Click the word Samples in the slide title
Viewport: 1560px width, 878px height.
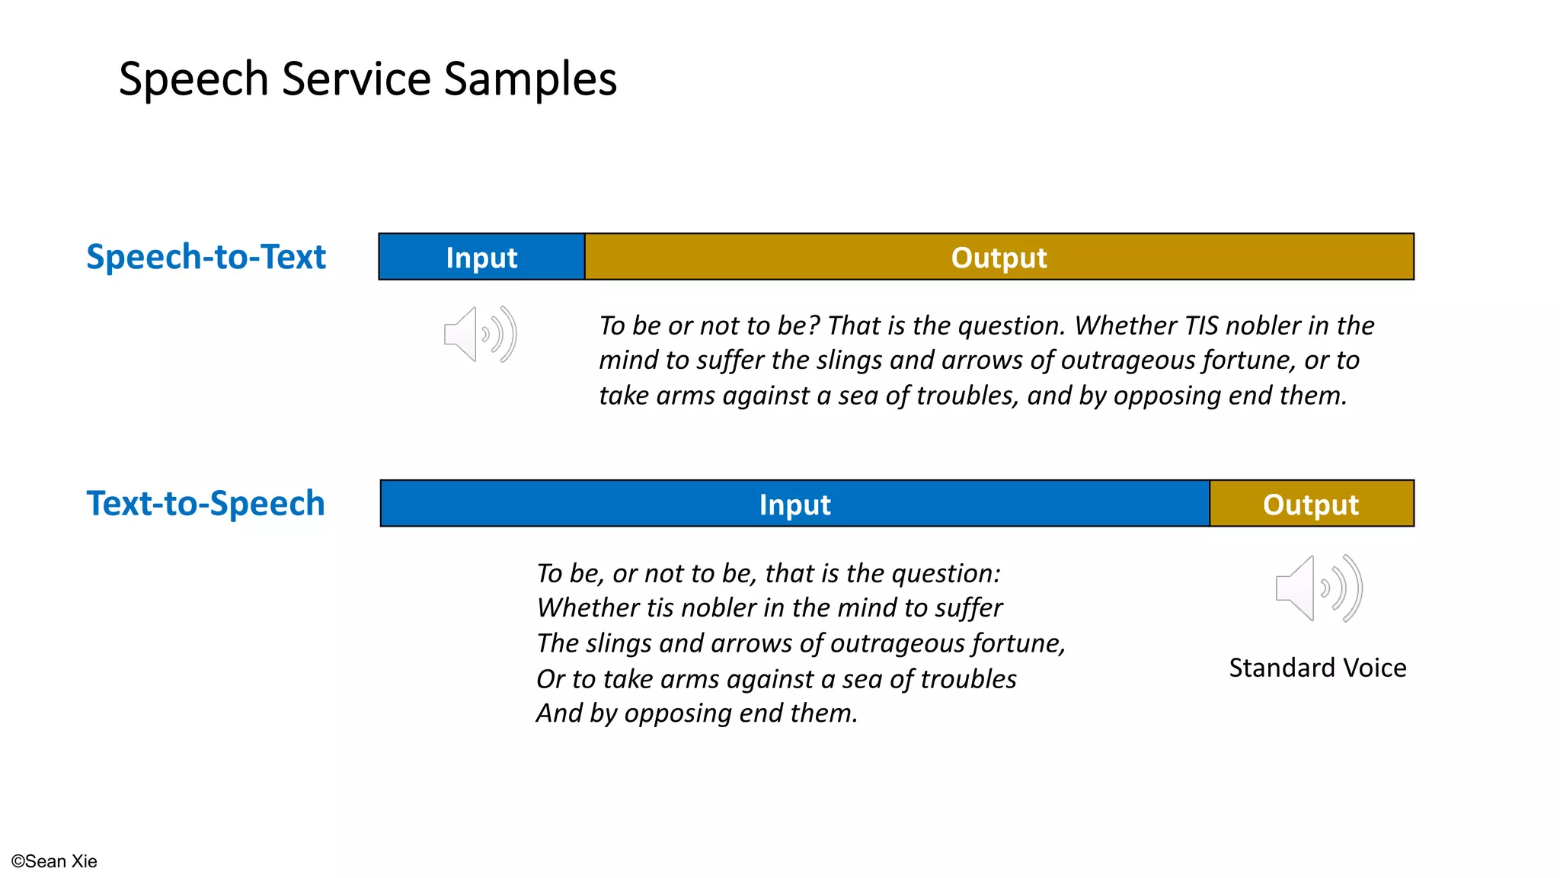tap(530, 79)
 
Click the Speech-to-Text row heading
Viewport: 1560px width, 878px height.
tap(206, 257)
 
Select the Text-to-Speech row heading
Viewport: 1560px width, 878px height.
tap(206, 504)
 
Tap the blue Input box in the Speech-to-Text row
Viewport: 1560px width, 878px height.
tap(481, 258)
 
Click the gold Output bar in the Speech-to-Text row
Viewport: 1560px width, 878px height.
tap(999, 258)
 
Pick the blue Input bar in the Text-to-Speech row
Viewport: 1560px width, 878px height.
tap(794, 505)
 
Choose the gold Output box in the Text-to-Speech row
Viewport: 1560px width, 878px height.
tap(1311, 505)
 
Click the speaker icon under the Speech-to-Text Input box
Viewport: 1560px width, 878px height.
tap(481, 335)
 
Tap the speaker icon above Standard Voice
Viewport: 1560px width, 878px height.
tap(1319, 588)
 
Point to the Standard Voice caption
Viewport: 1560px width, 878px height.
tap(1317, 668)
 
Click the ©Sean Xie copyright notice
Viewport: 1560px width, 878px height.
tap(54, 861)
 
